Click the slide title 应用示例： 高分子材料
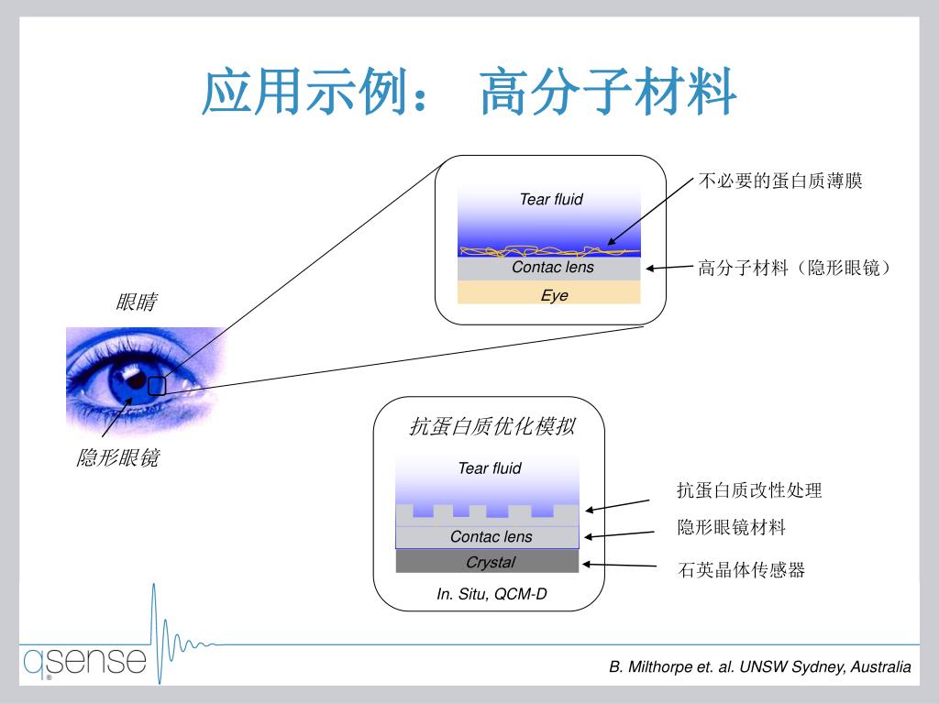click(x=469, y=93)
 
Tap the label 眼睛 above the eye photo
click(x=136, y=302)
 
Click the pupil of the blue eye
click(x=135, y=378)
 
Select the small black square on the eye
click(x=157, y=386)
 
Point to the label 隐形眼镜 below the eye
click(x=117, y=457)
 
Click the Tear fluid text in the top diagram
click(x=551, y=199)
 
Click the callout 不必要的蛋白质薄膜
click(x=780, y=181)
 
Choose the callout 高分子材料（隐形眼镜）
click(x=795, y=268)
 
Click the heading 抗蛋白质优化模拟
click(x=492, y=426)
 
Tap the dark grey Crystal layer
click(x=488, y=561)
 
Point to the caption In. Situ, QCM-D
click(x=492, y=593)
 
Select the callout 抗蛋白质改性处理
click(x=749, y=490)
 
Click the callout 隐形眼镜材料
click(x=731, y=527)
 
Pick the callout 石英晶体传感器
click(x=741, y=569)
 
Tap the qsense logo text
click(x=84, y=661)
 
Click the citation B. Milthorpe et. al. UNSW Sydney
click(x=760, y=666)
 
